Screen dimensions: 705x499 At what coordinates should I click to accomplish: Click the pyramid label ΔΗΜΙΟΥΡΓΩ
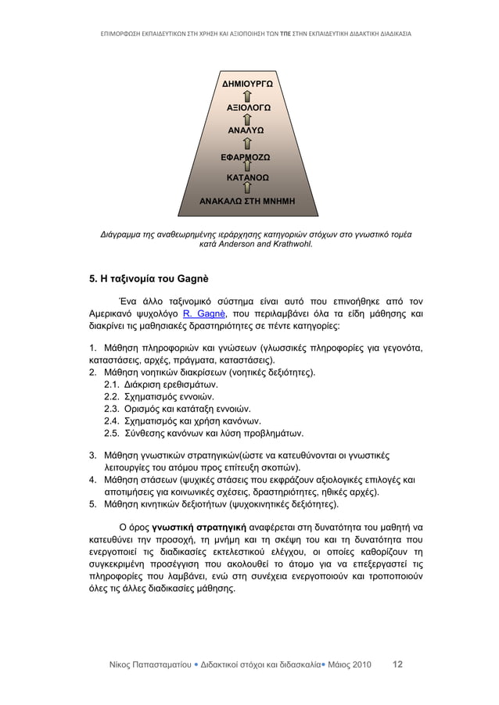pos(247,82)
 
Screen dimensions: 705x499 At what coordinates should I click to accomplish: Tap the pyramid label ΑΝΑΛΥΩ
pos(248,130)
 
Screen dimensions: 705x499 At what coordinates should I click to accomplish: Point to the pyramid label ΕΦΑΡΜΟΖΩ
pos(248,156)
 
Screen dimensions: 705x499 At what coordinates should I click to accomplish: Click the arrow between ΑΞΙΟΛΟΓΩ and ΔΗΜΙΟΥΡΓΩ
pos(248,95)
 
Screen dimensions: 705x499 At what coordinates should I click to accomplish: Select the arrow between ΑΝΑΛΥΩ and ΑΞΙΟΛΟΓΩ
pos(248,119)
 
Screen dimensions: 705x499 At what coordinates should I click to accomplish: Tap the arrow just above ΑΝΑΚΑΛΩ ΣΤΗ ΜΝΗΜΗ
pos(248,189)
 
